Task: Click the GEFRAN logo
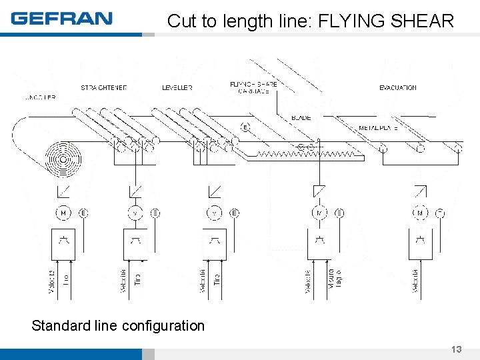61,18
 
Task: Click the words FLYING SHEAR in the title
386,21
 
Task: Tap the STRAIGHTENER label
103,88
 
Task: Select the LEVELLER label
177,88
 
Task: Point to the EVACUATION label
397,88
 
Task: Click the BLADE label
301,118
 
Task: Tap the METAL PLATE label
379,127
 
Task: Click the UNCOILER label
40,97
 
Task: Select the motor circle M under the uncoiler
63,213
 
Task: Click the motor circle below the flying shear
319,213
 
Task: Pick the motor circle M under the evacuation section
420,213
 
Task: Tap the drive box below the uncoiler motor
63,244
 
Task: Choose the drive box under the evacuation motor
420,244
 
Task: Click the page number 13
456,349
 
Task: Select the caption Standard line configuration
118,325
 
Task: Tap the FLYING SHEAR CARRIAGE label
253,87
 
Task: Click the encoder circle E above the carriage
245,127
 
